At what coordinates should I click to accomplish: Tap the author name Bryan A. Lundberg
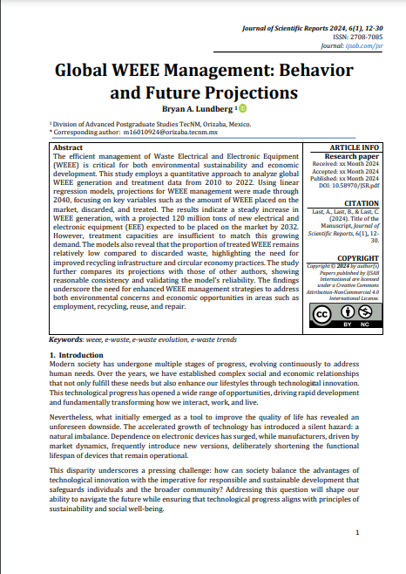pos(196,108)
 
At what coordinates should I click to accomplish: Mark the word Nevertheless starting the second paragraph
pos(75,420)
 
